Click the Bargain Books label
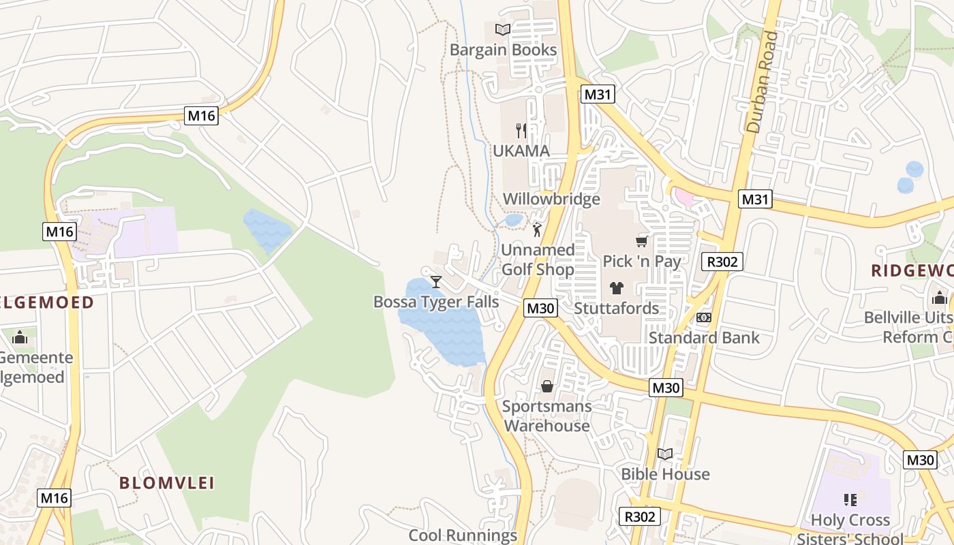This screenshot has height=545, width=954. click(503, 50)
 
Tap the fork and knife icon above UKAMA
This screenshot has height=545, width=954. click(521, 130)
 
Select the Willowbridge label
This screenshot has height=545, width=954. click(551, 199)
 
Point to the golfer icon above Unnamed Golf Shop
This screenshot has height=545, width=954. click(537, 230)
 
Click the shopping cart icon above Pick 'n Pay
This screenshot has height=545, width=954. click(641, 241)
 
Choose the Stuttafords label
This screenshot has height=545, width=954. click(616, 308)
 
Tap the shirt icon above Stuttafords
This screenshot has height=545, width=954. click(617, 287)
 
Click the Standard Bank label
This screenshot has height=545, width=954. click(704, 337)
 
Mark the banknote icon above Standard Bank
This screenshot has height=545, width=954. click(704, 317)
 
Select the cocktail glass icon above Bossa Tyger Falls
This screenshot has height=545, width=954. click(436, 281)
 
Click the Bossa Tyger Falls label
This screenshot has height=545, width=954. click(436, 302)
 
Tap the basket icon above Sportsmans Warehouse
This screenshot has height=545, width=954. click(547, 387)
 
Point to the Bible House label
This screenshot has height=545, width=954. click(665, 474)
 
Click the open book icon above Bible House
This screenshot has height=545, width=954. click(664, 454)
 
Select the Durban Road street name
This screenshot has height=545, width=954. click(763, 82)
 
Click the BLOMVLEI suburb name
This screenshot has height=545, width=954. click(167, 483)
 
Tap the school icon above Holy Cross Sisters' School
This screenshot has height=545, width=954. click(850, 500)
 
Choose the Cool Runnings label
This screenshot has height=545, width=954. click(463, 535)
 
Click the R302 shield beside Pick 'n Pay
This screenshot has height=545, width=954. click(722, 262)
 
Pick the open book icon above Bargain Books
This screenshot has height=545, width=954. click(503, 29)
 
